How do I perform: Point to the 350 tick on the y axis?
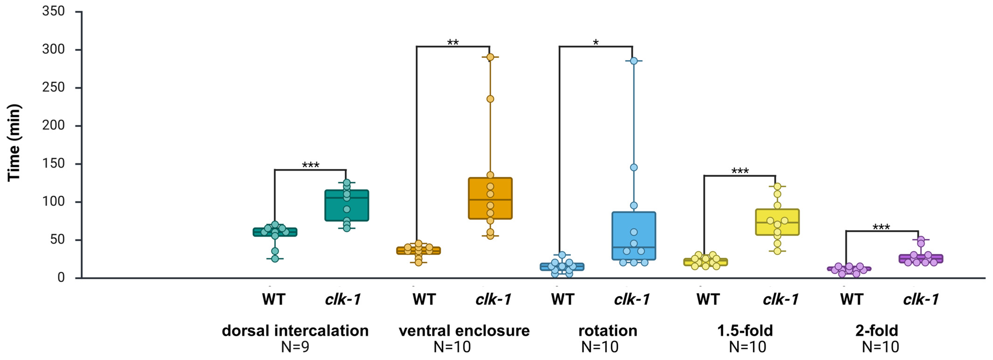point(53,12)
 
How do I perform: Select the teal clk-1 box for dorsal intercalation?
point(346,205)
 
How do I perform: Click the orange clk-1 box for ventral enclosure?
point(490,198)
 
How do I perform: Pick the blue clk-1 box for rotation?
point(634,236)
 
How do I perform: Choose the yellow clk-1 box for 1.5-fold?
point(777,222)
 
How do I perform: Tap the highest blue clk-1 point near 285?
point(634,61)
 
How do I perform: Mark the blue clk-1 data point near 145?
point(634,167)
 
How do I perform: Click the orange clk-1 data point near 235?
point(490,99)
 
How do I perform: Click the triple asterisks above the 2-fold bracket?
point(881,227)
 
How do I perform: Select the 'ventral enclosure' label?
point(464,331)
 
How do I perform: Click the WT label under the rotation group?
point(562,299)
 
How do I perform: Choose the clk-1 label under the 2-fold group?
point(921,299)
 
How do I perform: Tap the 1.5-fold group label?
point(745,331)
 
